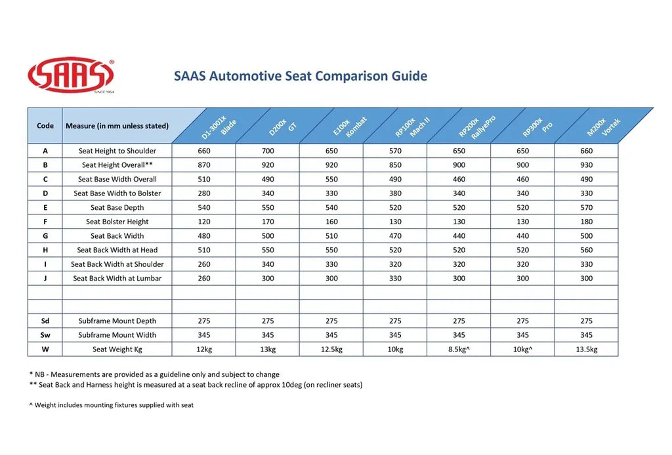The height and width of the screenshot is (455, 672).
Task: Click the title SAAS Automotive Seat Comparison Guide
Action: point(301,76)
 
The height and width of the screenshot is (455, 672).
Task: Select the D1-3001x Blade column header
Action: point(220,126)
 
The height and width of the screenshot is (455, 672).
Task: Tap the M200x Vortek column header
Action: point(603,126)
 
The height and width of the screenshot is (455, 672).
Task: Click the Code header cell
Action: point(45,126)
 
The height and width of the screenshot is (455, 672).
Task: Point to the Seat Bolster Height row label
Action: point(117,222)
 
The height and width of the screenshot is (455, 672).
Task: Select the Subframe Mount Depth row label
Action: point(117,321)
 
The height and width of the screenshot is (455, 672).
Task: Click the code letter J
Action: point(45,279)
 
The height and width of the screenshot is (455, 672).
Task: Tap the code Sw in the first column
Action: point(45,335)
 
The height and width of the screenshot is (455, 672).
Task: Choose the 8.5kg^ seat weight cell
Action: point(459,349)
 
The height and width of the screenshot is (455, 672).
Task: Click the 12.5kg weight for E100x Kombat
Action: point(331,349)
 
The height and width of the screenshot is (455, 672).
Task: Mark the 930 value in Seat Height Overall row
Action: point(586,165)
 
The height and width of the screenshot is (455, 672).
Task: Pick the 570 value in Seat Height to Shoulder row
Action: point(395,151)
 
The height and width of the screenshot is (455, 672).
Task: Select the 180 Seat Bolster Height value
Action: point(586,222)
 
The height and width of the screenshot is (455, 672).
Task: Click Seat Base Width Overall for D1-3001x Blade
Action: point(204,179)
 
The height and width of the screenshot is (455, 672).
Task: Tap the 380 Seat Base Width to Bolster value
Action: point(395,193)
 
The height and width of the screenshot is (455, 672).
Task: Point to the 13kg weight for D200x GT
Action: point(268,349)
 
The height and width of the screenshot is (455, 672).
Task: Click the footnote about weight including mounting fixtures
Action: point(112,405)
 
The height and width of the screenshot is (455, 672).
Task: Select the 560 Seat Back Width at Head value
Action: point(586,250)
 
